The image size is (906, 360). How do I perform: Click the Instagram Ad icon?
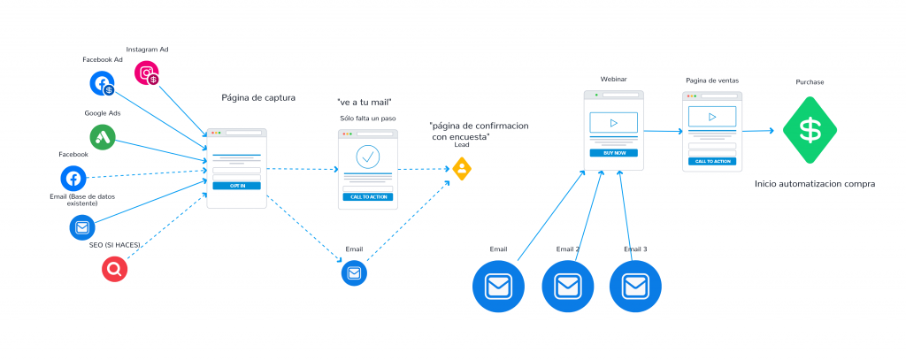147,73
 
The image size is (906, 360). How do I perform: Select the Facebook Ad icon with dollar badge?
103,84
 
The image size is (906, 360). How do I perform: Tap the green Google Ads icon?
103,137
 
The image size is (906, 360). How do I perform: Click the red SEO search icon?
114,269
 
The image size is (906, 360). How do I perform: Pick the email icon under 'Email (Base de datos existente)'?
82,227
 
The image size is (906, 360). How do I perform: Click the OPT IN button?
237,186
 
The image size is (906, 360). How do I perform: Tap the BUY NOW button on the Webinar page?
614,153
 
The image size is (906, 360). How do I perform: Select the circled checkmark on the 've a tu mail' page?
367,156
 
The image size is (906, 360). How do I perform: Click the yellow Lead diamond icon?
462,169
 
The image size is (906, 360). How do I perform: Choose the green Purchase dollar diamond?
810,131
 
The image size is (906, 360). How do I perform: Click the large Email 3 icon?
635,287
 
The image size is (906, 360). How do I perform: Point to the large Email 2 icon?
567,287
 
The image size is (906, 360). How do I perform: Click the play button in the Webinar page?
614,122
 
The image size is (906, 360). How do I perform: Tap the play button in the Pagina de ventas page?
712,117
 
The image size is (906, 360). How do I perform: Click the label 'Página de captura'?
258,97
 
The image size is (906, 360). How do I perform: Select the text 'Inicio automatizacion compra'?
815,184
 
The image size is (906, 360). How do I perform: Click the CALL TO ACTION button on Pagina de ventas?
712,161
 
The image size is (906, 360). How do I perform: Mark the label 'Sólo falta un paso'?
367,119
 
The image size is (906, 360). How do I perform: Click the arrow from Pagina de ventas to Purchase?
758,131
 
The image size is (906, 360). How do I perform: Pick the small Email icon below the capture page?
354,272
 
